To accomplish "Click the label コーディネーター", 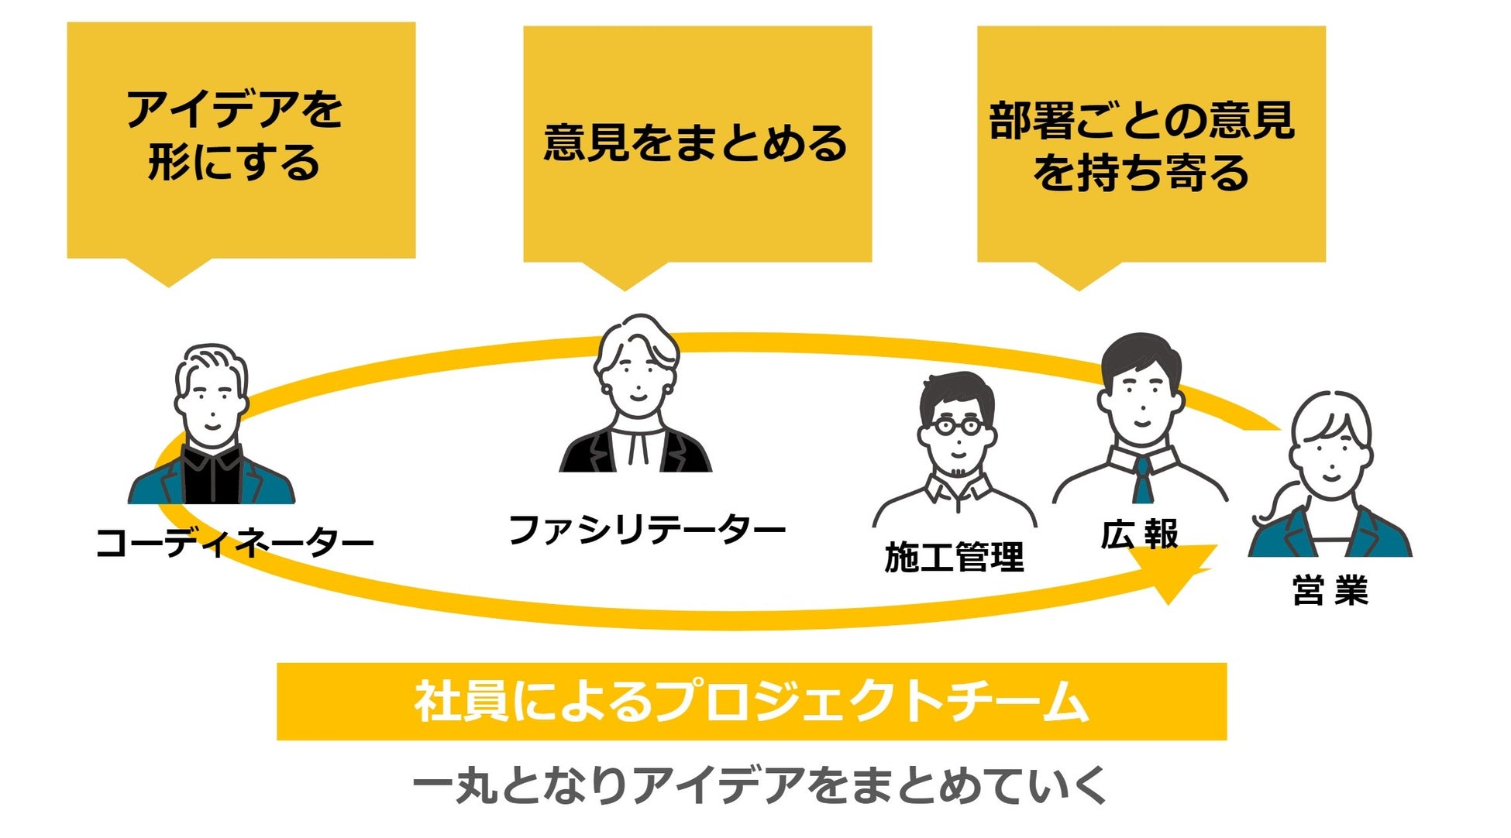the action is click(234, 543).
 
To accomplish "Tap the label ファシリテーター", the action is click(646, 531).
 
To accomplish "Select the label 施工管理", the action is click(954, 558).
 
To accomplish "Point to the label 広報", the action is click(1139, 534).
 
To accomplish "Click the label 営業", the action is click(1330, 590).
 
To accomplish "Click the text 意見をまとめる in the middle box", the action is click(696, 143).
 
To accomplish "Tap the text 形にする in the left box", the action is click(234, 163).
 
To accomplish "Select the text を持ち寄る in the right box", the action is click(1141, 173).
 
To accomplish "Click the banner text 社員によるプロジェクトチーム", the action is click(751, 702).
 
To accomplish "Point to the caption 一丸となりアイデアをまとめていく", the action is click(759, 785).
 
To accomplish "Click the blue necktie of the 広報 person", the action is click(1142, 481).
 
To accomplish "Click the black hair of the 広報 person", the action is click(1141, 356).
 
